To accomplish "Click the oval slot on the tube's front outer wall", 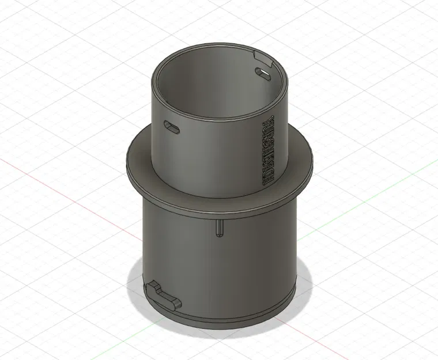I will tap(172, 126).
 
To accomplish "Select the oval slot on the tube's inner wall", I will tap(263, 73).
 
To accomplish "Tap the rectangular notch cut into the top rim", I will tap(263, 58).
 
